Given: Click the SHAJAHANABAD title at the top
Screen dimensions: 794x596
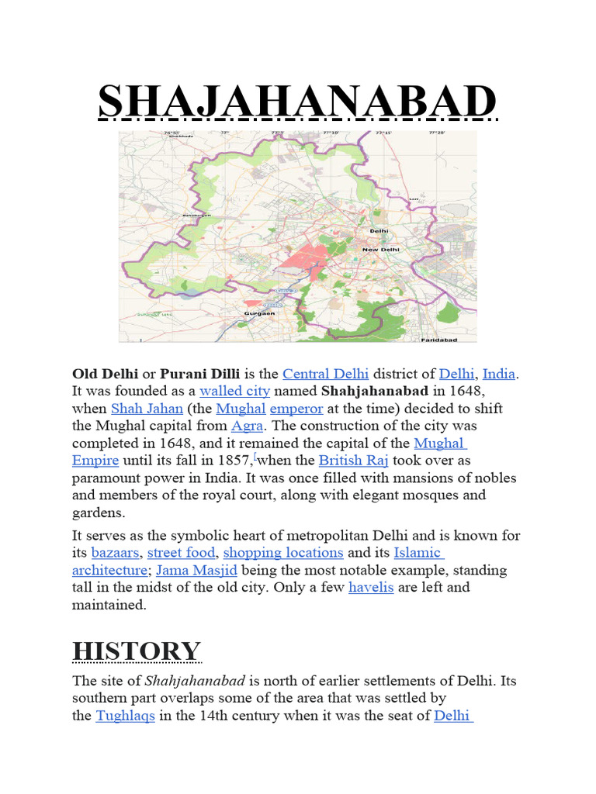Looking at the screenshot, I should tap(297, 102).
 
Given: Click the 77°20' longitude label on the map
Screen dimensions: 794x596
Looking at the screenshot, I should tap(438, 133).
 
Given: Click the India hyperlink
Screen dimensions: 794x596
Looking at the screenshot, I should tap(499, 374).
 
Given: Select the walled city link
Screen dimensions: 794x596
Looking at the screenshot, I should tap(234, 391).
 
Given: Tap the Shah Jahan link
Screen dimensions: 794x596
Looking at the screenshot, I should tap(147, 408).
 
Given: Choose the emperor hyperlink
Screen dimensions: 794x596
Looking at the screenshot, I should tap(296, 408).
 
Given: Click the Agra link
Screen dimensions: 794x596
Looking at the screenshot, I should tap(247, 426).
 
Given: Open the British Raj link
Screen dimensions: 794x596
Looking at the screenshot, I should tap(354, 460).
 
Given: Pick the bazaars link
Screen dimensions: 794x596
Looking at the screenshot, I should tap(116, 553).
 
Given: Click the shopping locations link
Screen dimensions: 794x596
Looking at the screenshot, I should tap(283, 553).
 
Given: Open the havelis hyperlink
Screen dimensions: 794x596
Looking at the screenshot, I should tap(371, 587).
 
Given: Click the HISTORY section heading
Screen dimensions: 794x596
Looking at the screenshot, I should tap(137, 651).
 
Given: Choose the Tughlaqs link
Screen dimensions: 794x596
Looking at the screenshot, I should tap(125, 716).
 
